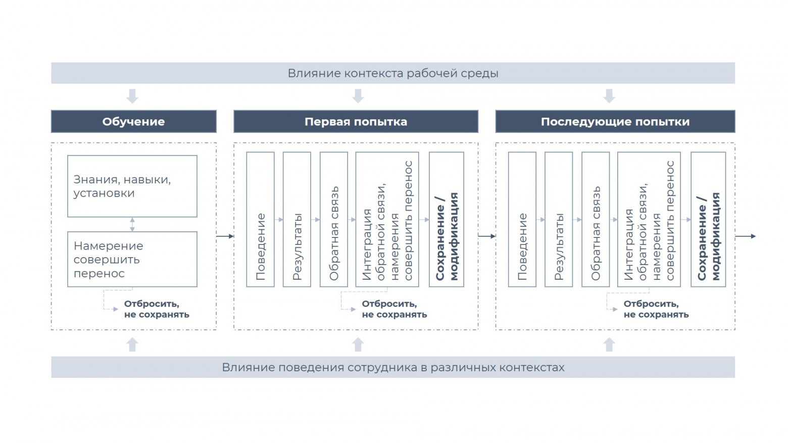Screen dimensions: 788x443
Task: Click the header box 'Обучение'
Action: click(x=134, y=121)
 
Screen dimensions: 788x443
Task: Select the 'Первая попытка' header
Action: click(x=356, y=121)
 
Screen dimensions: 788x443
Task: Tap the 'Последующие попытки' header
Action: click(x=615, y=121)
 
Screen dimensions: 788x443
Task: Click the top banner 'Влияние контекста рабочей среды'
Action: click(x=393, y=73)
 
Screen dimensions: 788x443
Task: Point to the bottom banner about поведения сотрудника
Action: click(x=393, y=367)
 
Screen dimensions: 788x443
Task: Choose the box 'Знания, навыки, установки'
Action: click(x=132, y=186)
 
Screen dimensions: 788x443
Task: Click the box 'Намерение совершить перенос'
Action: click(x=132, y=259)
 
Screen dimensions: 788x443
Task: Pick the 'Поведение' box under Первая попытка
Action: click(x=260, y=220)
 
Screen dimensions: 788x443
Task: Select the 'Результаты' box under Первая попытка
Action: click(x=297, y=220)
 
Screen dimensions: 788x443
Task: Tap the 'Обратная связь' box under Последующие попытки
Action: click(x=596, y=220)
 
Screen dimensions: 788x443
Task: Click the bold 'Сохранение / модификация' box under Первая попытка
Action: click(x=447, y=220)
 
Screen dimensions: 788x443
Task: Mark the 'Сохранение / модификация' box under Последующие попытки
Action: click(x=708, y=220)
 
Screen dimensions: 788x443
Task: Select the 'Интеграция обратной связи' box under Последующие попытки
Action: click(x=649, y=220)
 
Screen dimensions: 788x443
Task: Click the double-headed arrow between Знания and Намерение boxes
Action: click(x=132, y=224)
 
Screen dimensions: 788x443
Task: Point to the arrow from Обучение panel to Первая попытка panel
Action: click(x=225, y=236)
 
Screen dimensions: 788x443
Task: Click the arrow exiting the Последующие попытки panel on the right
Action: click(x=746, y=236)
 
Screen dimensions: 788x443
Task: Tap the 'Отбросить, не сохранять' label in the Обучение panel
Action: click(x=157, y=309)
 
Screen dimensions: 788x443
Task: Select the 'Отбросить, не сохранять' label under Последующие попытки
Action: click(x=656, y=309)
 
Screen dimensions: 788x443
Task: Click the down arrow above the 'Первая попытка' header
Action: click(x=358, y=96)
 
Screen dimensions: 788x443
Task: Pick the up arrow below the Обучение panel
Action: click(x=132, y=344)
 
